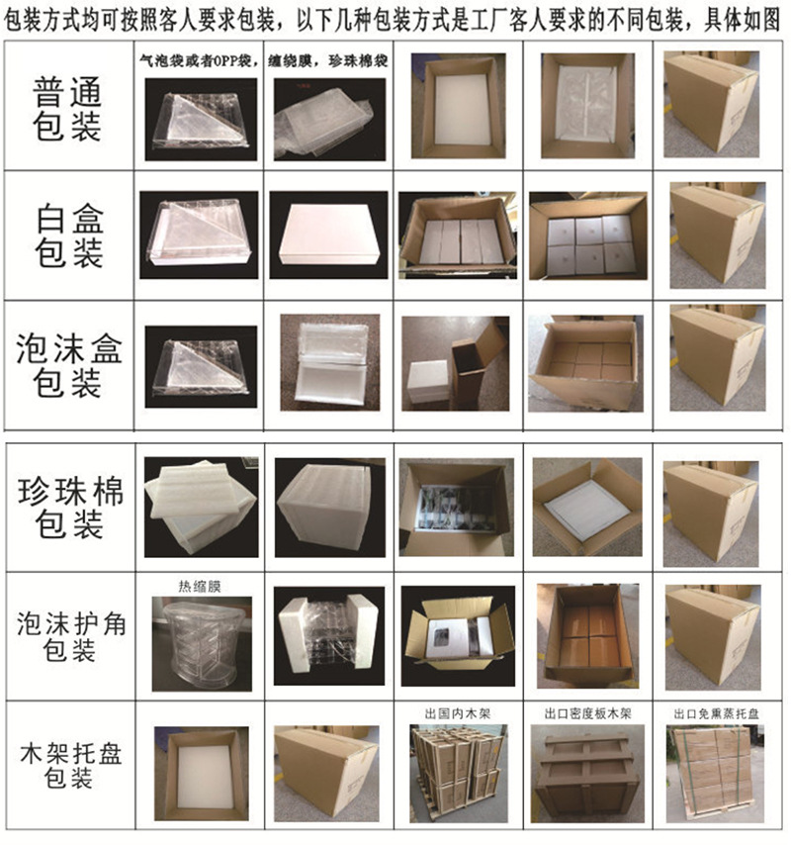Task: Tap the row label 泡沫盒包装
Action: coord(68,365)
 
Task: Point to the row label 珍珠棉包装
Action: coord(68,507)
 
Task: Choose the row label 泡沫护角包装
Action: coord(68,636)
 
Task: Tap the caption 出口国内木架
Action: coord(455,712)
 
